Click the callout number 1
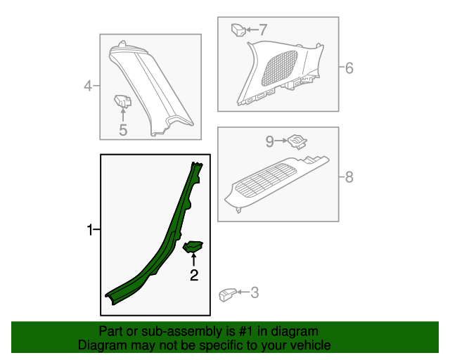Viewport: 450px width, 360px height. click(x=89, y=230)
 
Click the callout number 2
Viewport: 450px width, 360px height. click(x=193, y=275)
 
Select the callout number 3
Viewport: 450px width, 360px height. click(x=254, y=292)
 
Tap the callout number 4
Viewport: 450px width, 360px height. click(x=88, y=86)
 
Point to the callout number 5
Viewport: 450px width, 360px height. click(x=123, y=129)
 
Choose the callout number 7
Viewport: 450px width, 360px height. click(x=263, y=30)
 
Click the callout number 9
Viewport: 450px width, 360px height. click(x=269, y=141)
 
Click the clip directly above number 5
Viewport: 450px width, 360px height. click(x=123, y=102)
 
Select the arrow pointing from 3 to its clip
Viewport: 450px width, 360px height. click(x=243, y=292)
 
